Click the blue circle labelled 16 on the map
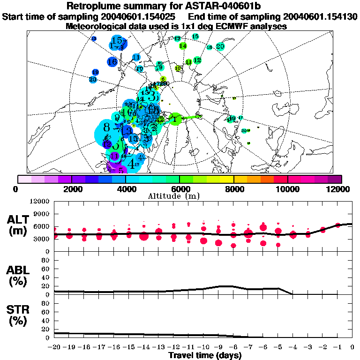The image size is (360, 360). (112, 61)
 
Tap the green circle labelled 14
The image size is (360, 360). (183, 46)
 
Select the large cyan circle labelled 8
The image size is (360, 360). (107, 127)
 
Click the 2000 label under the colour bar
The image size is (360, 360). (71, 189)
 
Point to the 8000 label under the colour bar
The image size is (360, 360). (233, 189)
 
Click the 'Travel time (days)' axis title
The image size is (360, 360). (204, 356)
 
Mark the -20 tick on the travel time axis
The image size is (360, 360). (55, 347)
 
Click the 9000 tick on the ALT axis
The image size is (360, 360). (41, 214)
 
